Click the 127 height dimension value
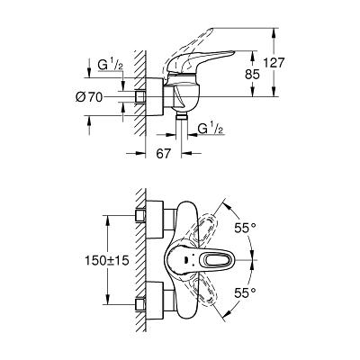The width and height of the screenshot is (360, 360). point(274,63)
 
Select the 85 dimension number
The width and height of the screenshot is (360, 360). point(252,74)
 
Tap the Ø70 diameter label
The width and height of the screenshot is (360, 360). point(89,97)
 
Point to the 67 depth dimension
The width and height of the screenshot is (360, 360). point(164,154)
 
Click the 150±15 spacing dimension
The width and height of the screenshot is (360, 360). point(107,260)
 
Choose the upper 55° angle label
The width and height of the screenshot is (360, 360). point(245,229)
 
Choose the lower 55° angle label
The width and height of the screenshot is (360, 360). point(245,292)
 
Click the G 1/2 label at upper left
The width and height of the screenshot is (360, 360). point(110,65)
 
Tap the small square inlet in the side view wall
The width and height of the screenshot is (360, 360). point(140,96)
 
